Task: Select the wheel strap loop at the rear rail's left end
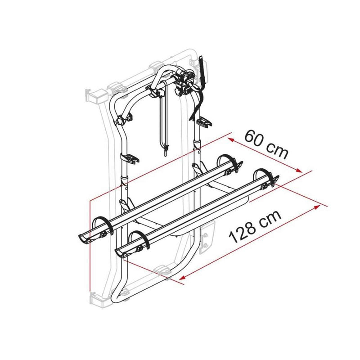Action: pyautogui.click(x=103, y=224)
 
